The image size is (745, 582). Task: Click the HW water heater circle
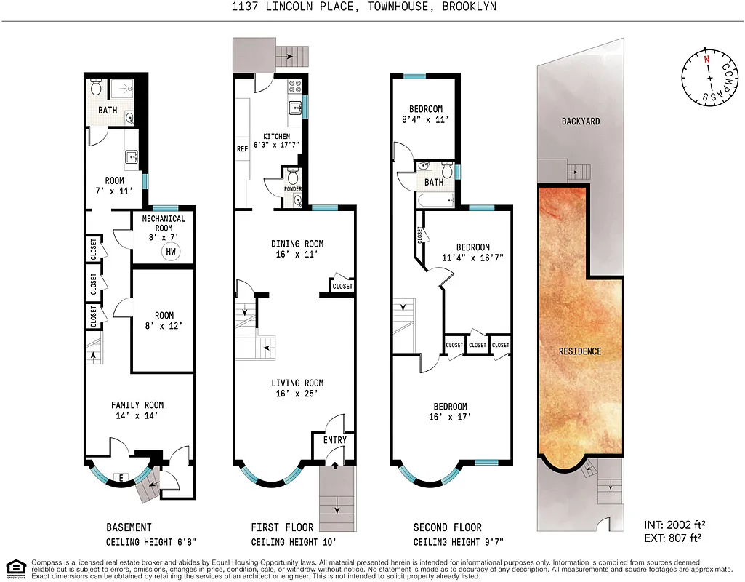(x=171, y=252)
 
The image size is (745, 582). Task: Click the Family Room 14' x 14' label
(x=137, y=410)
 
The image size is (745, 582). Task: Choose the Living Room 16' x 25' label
(x=297, y=388)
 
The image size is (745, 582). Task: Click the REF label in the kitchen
(x=242, y=149)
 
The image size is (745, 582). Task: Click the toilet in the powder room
(x=293, y=176)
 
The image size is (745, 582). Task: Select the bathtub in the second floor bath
(x=434, y=199)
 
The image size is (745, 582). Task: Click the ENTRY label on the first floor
(x=335, y=440)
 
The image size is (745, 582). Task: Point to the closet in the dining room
(x=342, y=286)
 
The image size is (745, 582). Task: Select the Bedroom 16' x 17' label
(x=451, y=412)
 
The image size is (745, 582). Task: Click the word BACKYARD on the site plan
(x=581, y=121)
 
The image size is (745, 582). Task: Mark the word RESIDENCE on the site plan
(x=579, y=351)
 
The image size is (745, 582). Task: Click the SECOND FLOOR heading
(x=447, y=527)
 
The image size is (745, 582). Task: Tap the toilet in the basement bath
(x=95, y=89)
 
